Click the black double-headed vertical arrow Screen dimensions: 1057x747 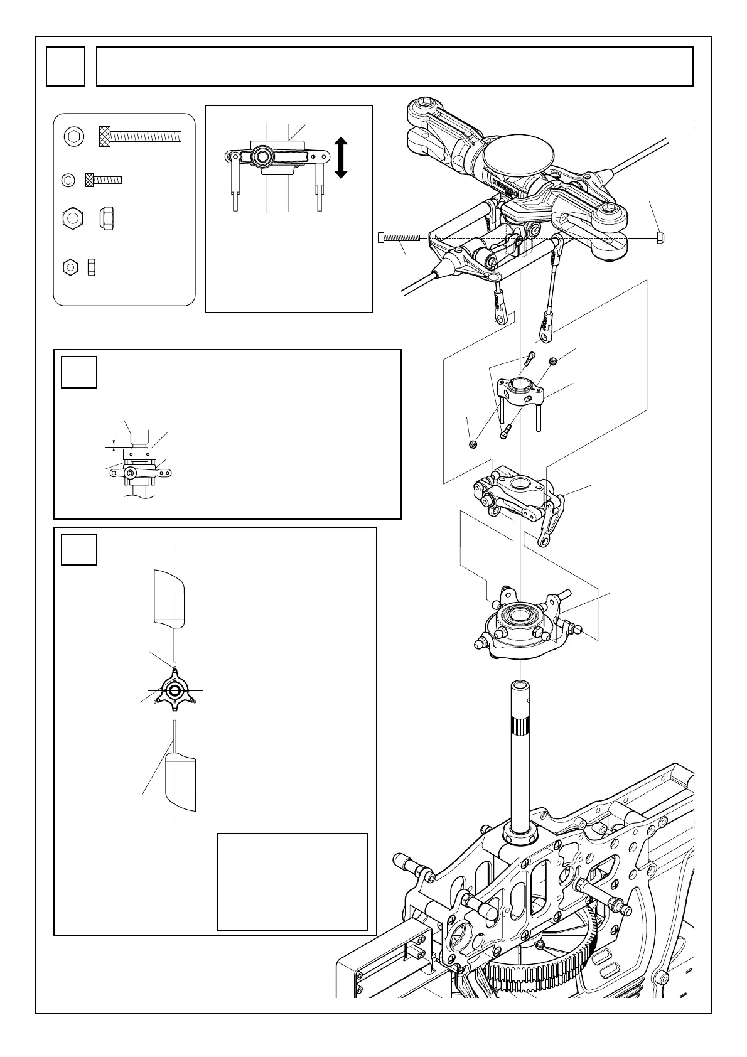[x=341, y=158]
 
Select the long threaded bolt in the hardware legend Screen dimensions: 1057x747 [x=139, y=136]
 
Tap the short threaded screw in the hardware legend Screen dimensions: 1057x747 [x=104, y=180]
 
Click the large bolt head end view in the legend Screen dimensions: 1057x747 [x=73, y=136]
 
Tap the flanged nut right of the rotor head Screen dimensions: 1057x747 [x=659, y=237]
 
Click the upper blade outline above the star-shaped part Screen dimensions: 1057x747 [x=170, y=596]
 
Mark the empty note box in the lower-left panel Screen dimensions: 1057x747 [x=292, y=881]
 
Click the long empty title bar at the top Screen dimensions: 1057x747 [x=394, y=66]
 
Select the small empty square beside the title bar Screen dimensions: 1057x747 [x=65, y=66]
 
